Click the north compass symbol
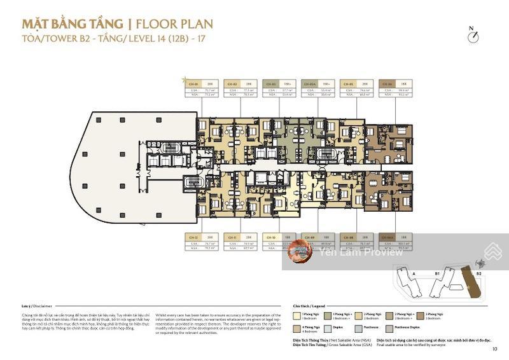click(472, 36)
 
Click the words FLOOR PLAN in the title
click(174, 25)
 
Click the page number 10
click(494, 348)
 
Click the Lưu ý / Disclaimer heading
click(34, 305)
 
